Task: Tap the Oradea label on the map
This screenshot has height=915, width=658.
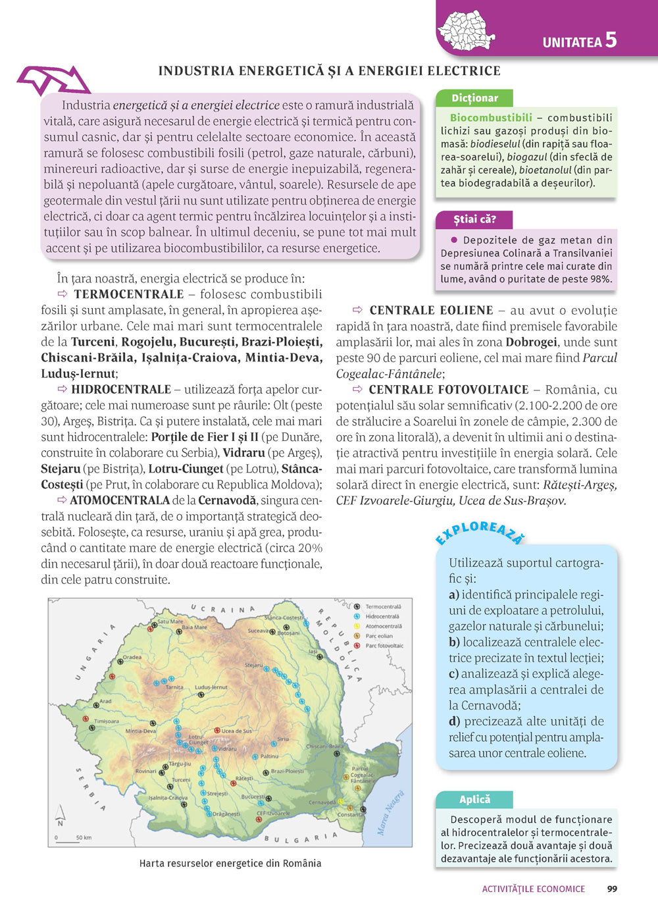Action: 132,657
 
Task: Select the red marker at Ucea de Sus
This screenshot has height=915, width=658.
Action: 216,731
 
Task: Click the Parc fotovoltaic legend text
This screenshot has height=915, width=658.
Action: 384,646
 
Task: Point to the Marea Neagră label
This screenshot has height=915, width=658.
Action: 390,814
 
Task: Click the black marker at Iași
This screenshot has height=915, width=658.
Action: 318,657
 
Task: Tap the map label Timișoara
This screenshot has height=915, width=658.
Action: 107,721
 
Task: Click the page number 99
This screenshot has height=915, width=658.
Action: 612,889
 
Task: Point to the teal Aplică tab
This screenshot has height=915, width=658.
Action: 474,799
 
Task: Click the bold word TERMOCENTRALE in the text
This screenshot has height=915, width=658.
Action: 129,294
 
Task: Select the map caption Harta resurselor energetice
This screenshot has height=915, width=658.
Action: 230,863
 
